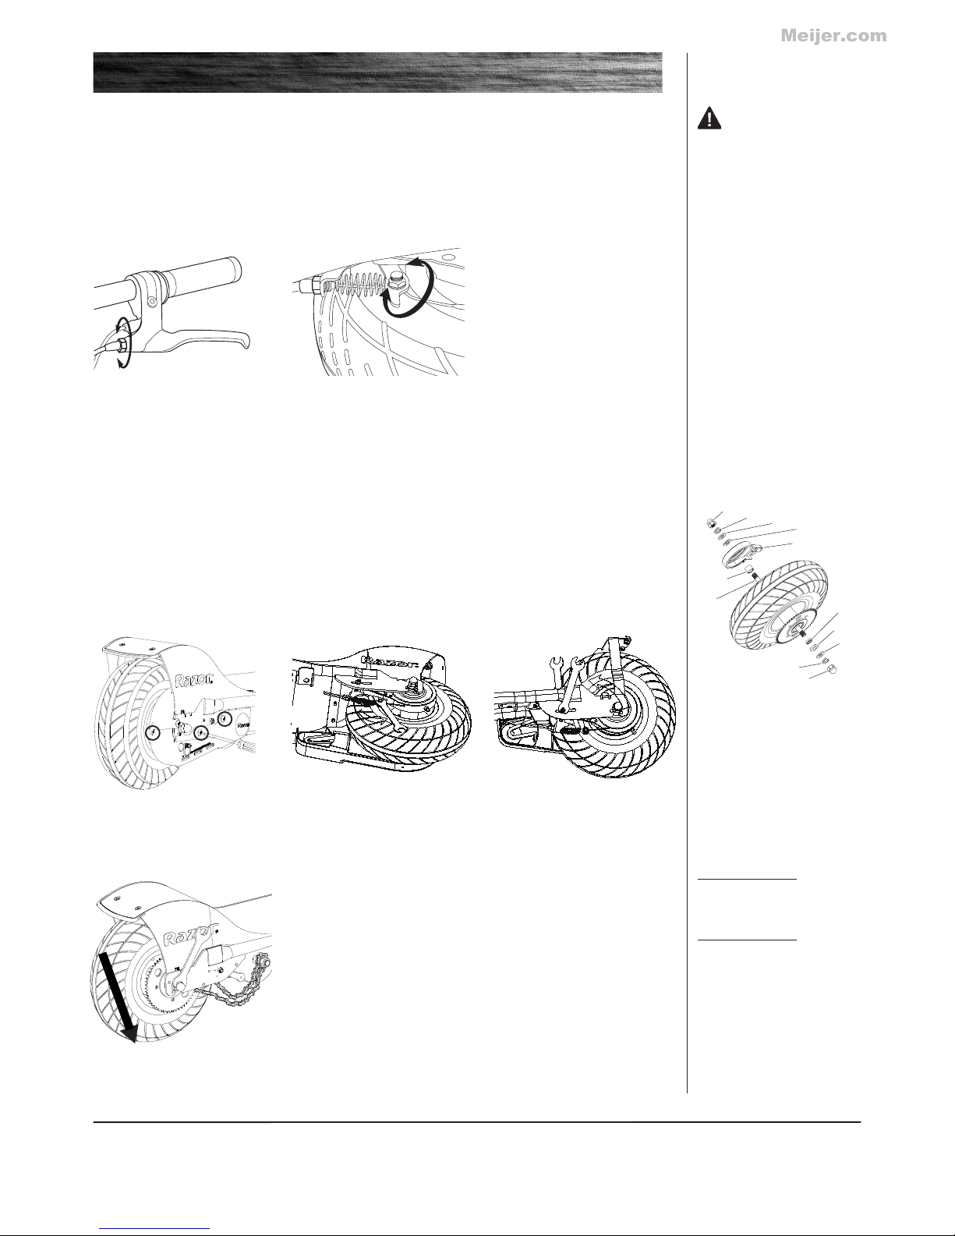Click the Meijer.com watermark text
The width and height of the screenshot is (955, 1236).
tap(833, 36)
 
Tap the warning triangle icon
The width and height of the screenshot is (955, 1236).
tap(709, 119)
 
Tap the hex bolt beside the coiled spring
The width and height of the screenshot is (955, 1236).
tap(396, 281)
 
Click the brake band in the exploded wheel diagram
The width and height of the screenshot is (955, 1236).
tap(740, 555)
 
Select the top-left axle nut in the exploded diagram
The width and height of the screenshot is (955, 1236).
tap(710, 523)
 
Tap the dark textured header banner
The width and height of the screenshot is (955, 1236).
tap(377, 73)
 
